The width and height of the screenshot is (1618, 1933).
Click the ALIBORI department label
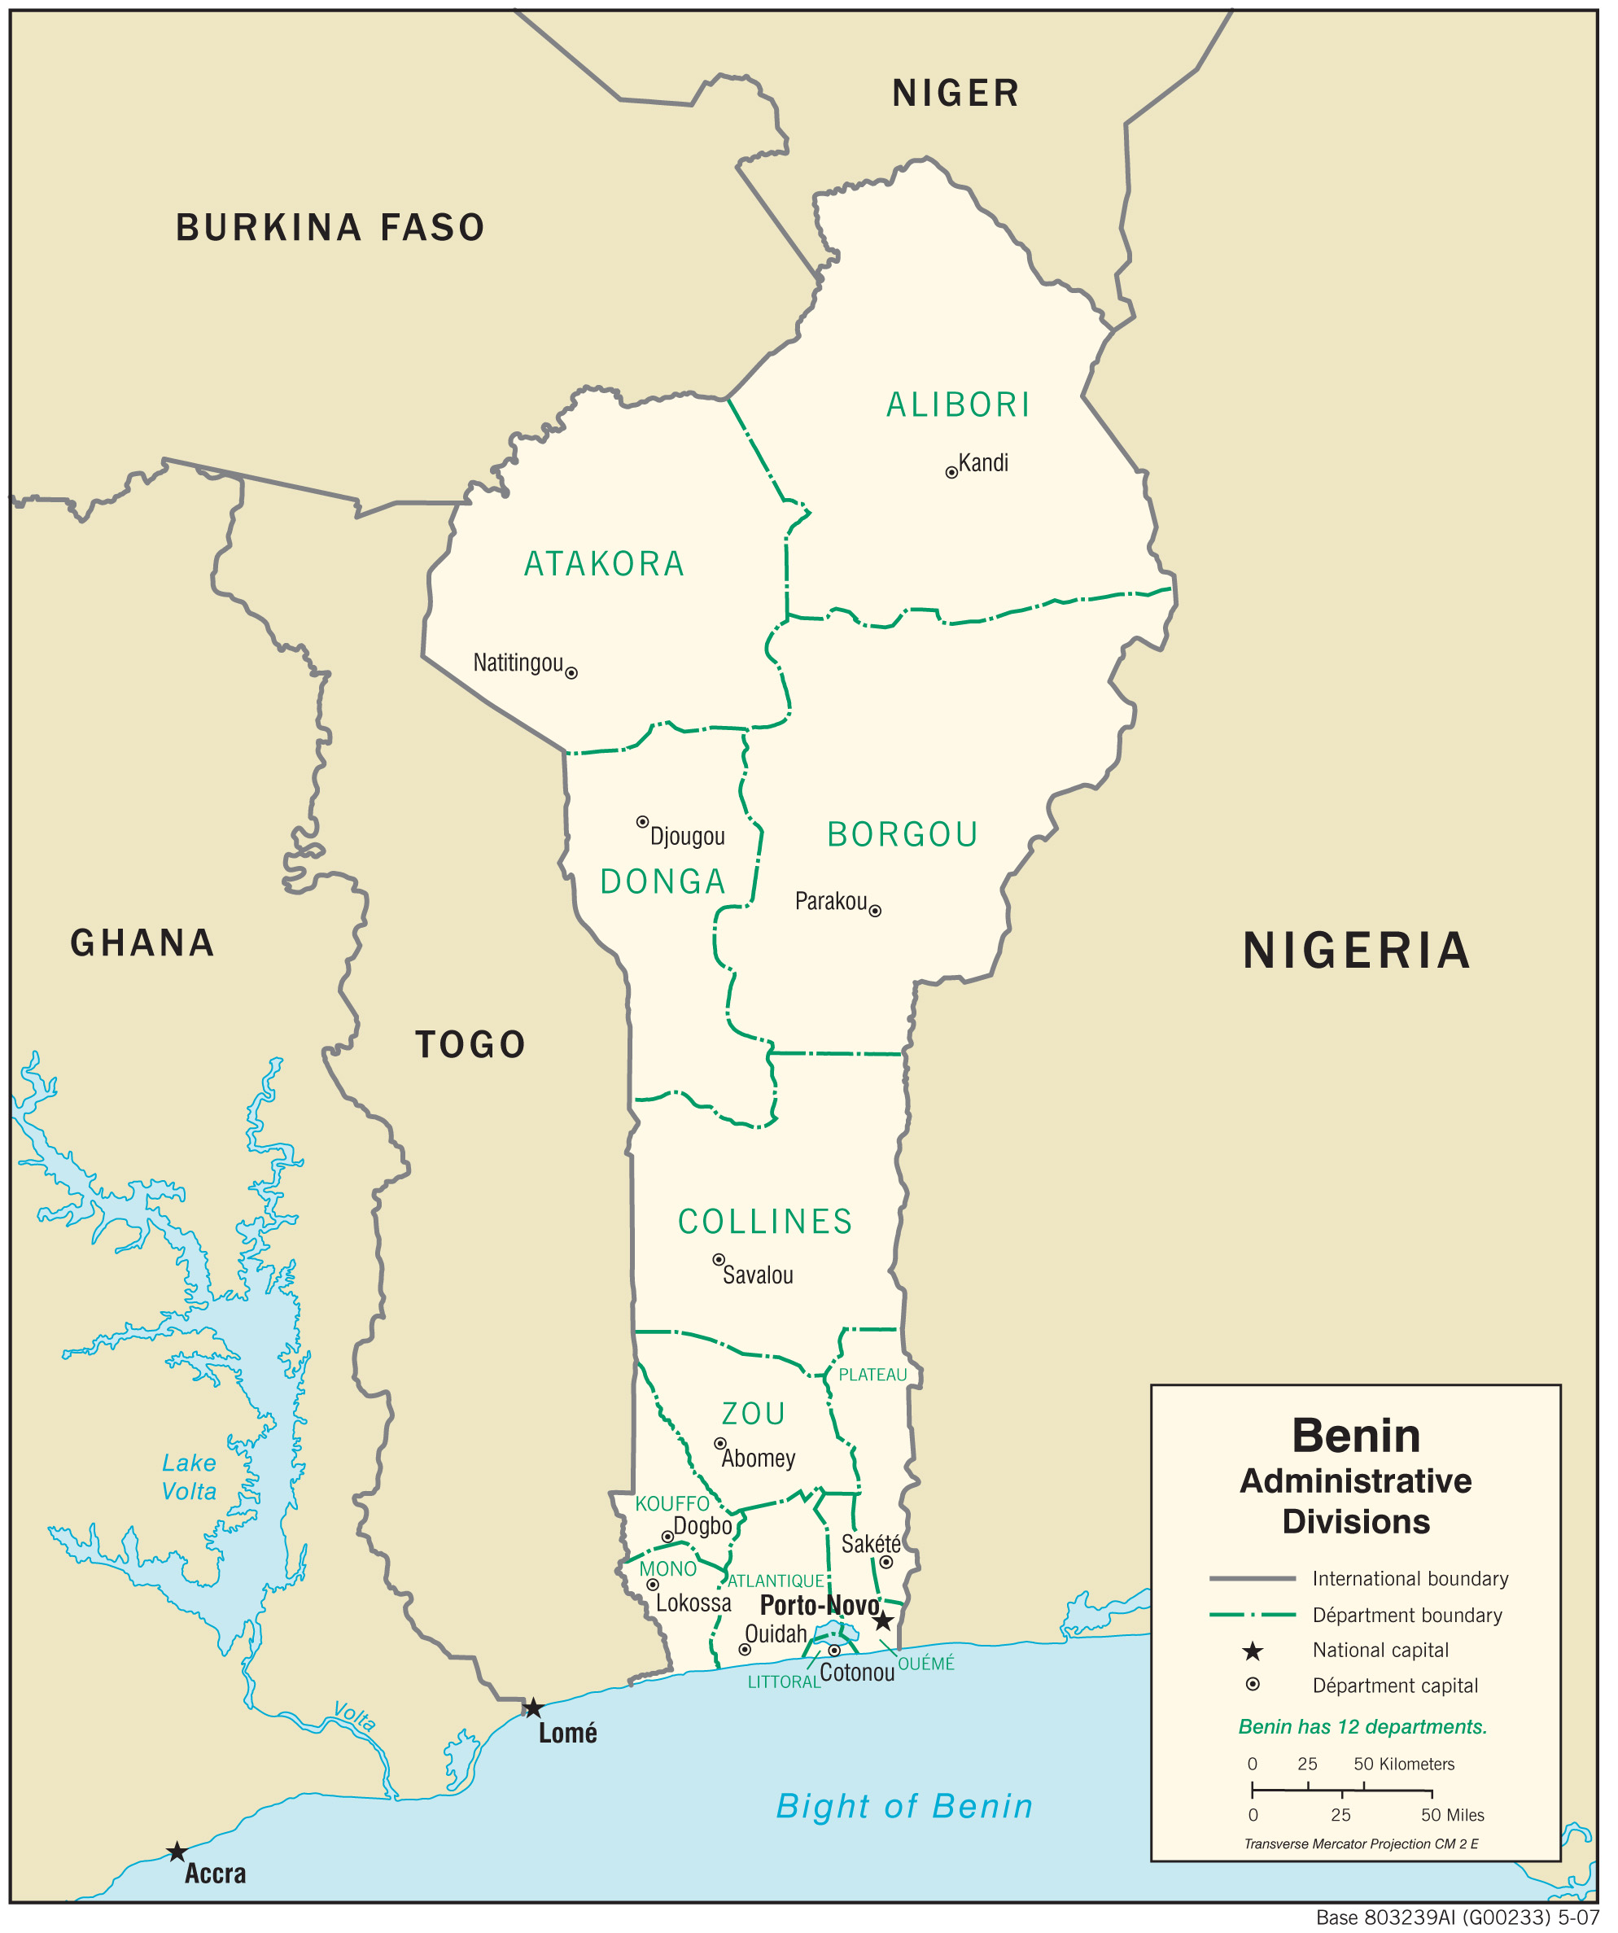click(x=958, y=405)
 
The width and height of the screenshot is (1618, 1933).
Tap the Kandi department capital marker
click(x=951, y=473)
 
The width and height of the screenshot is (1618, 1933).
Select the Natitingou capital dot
click(x=571, y=674)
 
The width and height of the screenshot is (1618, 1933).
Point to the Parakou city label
click(x=831, y=901)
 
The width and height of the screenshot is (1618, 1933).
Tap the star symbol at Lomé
click(x=533, y=1708)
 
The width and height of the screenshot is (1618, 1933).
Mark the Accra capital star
click(x=177, y=1852)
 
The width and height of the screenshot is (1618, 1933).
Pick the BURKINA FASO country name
click(x=330, y=228)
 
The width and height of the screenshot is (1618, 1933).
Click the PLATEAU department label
click(x=872, y=1375)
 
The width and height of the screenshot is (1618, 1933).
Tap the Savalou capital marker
click(x=719, y=1260)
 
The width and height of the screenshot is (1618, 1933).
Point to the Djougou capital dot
click(x=642, y=822)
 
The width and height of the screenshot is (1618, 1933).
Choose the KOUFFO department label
click(x=672, y=1504)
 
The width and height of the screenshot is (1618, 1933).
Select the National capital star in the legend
click(x=1253, y=1651)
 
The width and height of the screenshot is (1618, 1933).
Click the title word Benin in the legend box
click(x=1356, y=1436)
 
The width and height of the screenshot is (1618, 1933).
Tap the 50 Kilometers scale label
click(x=1404, y=1765)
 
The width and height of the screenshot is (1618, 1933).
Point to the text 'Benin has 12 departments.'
click(x=1363, y=1727)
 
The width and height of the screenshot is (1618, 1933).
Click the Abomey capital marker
click(x=720, y=1444)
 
